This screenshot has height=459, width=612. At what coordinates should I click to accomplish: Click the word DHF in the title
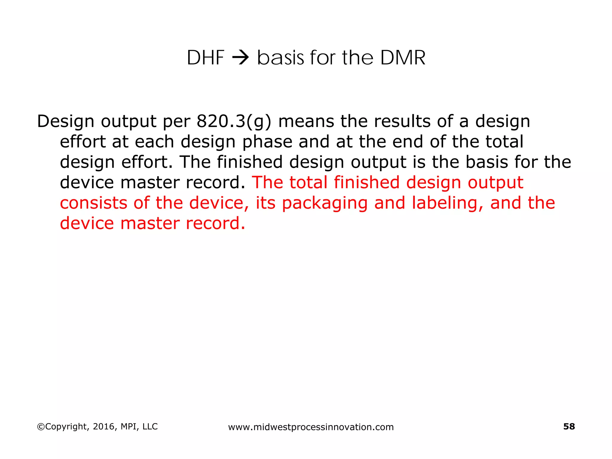click(x=205, y=58)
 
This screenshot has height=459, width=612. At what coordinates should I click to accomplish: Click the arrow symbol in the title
click(x=241, y=58)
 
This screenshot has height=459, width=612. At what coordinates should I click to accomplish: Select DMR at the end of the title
click(x=403, y=58)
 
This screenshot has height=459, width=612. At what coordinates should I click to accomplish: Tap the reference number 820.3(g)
click(x=234, y=122)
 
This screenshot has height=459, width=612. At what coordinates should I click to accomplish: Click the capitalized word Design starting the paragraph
click(x=65, y=122)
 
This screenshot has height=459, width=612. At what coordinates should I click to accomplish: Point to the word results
click(x=402, y=121)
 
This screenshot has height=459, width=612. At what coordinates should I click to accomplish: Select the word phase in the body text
click(x=267, y=142)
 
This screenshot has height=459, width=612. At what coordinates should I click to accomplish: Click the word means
click(x=306, y=121)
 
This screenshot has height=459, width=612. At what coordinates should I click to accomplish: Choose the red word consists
click(x=93, y=203)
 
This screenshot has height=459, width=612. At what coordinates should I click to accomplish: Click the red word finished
click(x=366, y=182)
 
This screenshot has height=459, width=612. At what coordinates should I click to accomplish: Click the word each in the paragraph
click(x=154, y=142)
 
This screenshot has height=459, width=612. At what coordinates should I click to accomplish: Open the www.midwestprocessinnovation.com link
click(x=311, y=427)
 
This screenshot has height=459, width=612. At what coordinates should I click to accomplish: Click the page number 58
click(x=569, y=426)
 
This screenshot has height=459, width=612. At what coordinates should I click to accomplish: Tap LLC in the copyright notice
click(x=150, y=426)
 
